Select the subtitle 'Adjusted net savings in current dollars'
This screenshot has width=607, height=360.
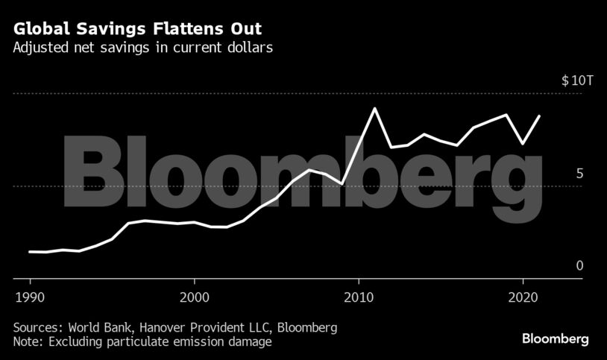coord(141,49)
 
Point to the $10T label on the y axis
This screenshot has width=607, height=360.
coord(576,80)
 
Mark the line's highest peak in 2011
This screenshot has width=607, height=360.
coord(374,108)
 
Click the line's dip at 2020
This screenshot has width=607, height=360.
coord(523,143)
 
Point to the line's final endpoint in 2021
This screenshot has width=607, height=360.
coord(539,116)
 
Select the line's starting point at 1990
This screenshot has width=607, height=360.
coord(30,251)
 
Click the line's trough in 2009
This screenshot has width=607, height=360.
coord(342,183)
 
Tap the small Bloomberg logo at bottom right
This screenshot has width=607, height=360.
coord(555,338)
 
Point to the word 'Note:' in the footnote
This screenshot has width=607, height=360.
coord(28,342)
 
